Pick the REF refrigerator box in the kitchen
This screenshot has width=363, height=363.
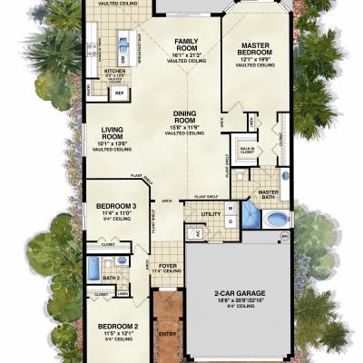tap(119, 93)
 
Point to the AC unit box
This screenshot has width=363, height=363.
tap(191, 232)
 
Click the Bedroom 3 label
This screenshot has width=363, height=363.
tap(115, 207)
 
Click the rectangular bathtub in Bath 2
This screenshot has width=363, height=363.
tap(93, 269)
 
